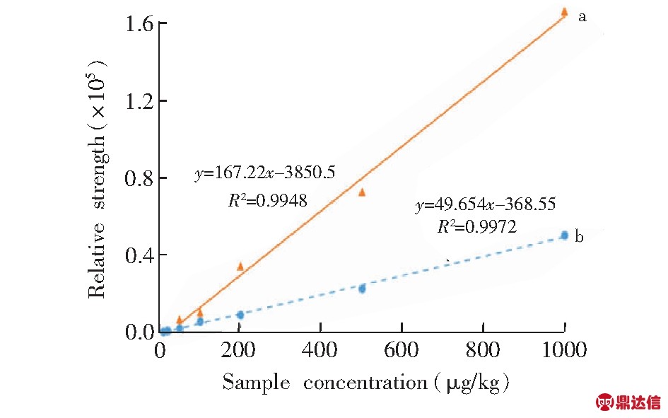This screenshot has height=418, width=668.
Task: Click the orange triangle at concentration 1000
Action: pyautogui.click(x=564, y=11)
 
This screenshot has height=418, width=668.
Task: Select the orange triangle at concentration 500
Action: pyautogui.click(x=362, y=192)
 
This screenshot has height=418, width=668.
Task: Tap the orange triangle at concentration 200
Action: pyautogui.click(x=240, y=266)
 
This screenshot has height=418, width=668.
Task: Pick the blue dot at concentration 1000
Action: pyautogui.click(x=564, y=235)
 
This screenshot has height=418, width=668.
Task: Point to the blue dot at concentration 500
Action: pyautogui.click(x=362, y=289)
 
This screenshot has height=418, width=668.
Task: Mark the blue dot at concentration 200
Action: pyautogui.click(x=240, y=315)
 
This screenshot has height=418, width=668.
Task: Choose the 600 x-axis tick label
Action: pyautogui.click(x=402, y=350)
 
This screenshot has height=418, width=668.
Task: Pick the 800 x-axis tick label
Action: pyautogui.click(x=483, y=350)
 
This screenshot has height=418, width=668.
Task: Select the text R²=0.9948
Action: pyautogui.click(x=267, y=201)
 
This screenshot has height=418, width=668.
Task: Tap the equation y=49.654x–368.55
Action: pyautogui.click(x=486, y=205)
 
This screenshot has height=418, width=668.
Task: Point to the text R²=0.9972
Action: pyautogui.click(x=477, y=227)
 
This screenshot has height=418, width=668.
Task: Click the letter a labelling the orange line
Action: pyautogui.click(x=582, y=16)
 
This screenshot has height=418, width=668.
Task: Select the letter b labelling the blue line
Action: pyautogui.click(x=580, y=237)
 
